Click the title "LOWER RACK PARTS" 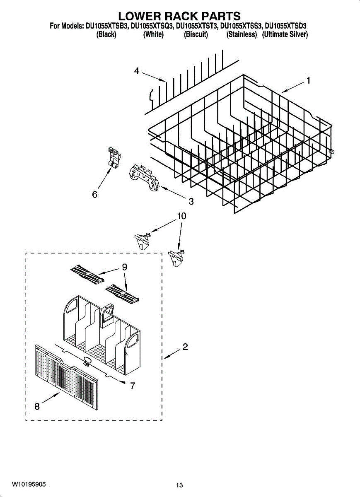click(x=179, y=16)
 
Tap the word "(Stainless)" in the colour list click(x=242, y=35)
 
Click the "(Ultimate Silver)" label click(x=285, y=35)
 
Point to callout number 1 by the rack click(x=308, y=81)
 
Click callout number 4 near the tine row click(x=137, y=71)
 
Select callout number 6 click(x=94, y=194)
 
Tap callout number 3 click(x=191, y=202)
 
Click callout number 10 click(x=181, y=216)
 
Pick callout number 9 click(x=124, y=267)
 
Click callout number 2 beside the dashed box click(x=185, y=347)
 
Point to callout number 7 click(x=133, y=386)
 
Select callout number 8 click(x=37, y=407)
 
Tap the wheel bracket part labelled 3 click(x=143, y=177)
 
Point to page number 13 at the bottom click(x=179, y=485)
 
